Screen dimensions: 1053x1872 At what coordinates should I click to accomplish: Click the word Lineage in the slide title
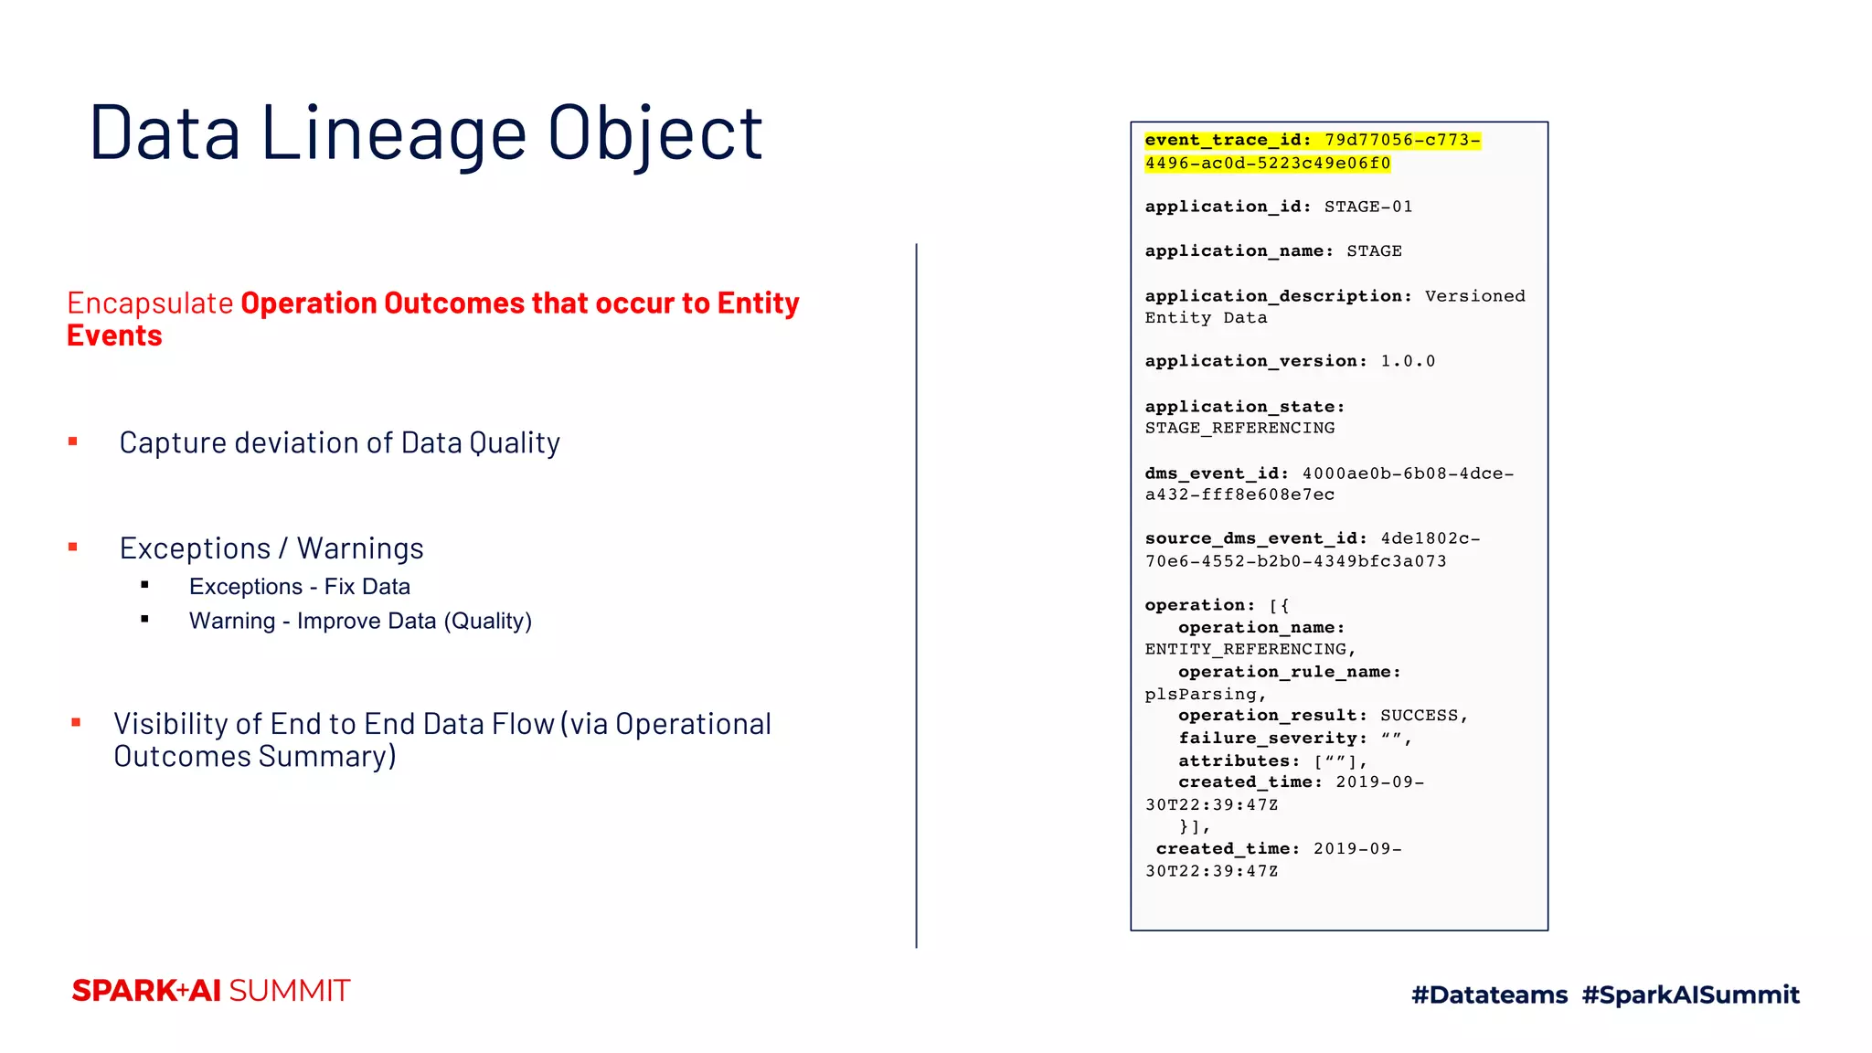[x=394, y=133]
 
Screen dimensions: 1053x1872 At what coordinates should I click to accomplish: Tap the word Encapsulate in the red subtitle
[x=150, y=303]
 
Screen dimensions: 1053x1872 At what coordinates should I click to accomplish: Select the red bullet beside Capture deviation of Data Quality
[x=73, y=442]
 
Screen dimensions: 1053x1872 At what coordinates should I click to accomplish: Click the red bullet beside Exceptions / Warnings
[x=73, y=548]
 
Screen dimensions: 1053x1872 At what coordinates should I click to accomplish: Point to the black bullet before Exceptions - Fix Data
[x=145, y=585]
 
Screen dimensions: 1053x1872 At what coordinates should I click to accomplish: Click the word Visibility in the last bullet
[x=170, y=724]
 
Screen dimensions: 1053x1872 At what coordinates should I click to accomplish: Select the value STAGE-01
[x=1367, y=207]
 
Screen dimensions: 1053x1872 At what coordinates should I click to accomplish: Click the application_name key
[x=1239, y=251]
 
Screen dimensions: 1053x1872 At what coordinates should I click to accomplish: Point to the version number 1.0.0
[x=1408, y=361]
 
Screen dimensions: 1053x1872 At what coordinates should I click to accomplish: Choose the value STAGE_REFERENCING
[x=1239, y=428]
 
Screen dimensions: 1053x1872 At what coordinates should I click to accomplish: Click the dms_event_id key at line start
[x=1217, y=473]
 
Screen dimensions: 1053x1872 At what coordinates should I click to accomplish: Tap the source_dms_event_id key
[x=1256, y=538]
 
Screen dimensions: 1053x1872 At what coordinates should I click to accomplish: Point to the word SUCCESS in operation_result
[x=1419, y=716]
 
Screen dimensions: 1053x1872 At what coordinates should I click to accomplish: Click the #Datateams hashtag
[x=1489, y=994]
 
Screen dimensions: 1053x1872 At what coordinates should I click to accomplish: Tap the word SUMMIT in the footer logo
[x=289, y=991]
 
